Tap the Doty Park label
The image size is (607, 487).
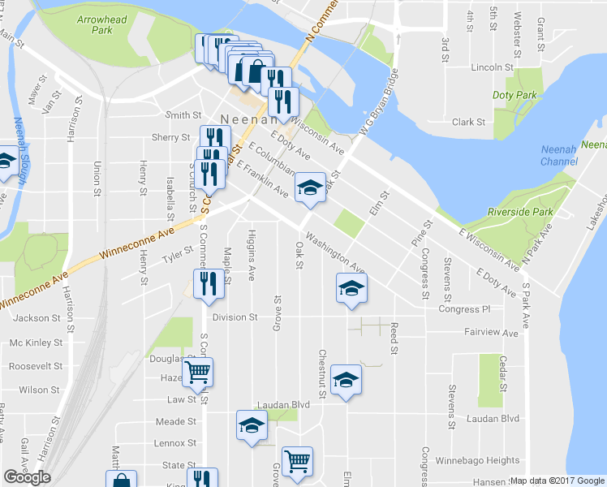coord(514,95)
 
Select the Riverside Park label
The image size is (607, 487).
coord(520,212)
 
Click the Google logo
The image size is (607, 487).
coord(27,477)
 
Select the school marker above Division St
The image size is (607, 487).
coord(351,288)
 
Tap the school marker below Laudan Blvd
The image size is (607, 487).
coord(252,425)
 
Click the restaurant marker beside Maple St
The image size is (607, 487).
coord(204,284)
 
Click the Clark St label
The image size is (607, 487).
coord(468,122)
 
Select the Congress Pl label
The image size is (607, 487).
coord(464,309)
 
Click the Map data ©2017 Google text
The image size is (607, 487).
coord(557,481)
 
